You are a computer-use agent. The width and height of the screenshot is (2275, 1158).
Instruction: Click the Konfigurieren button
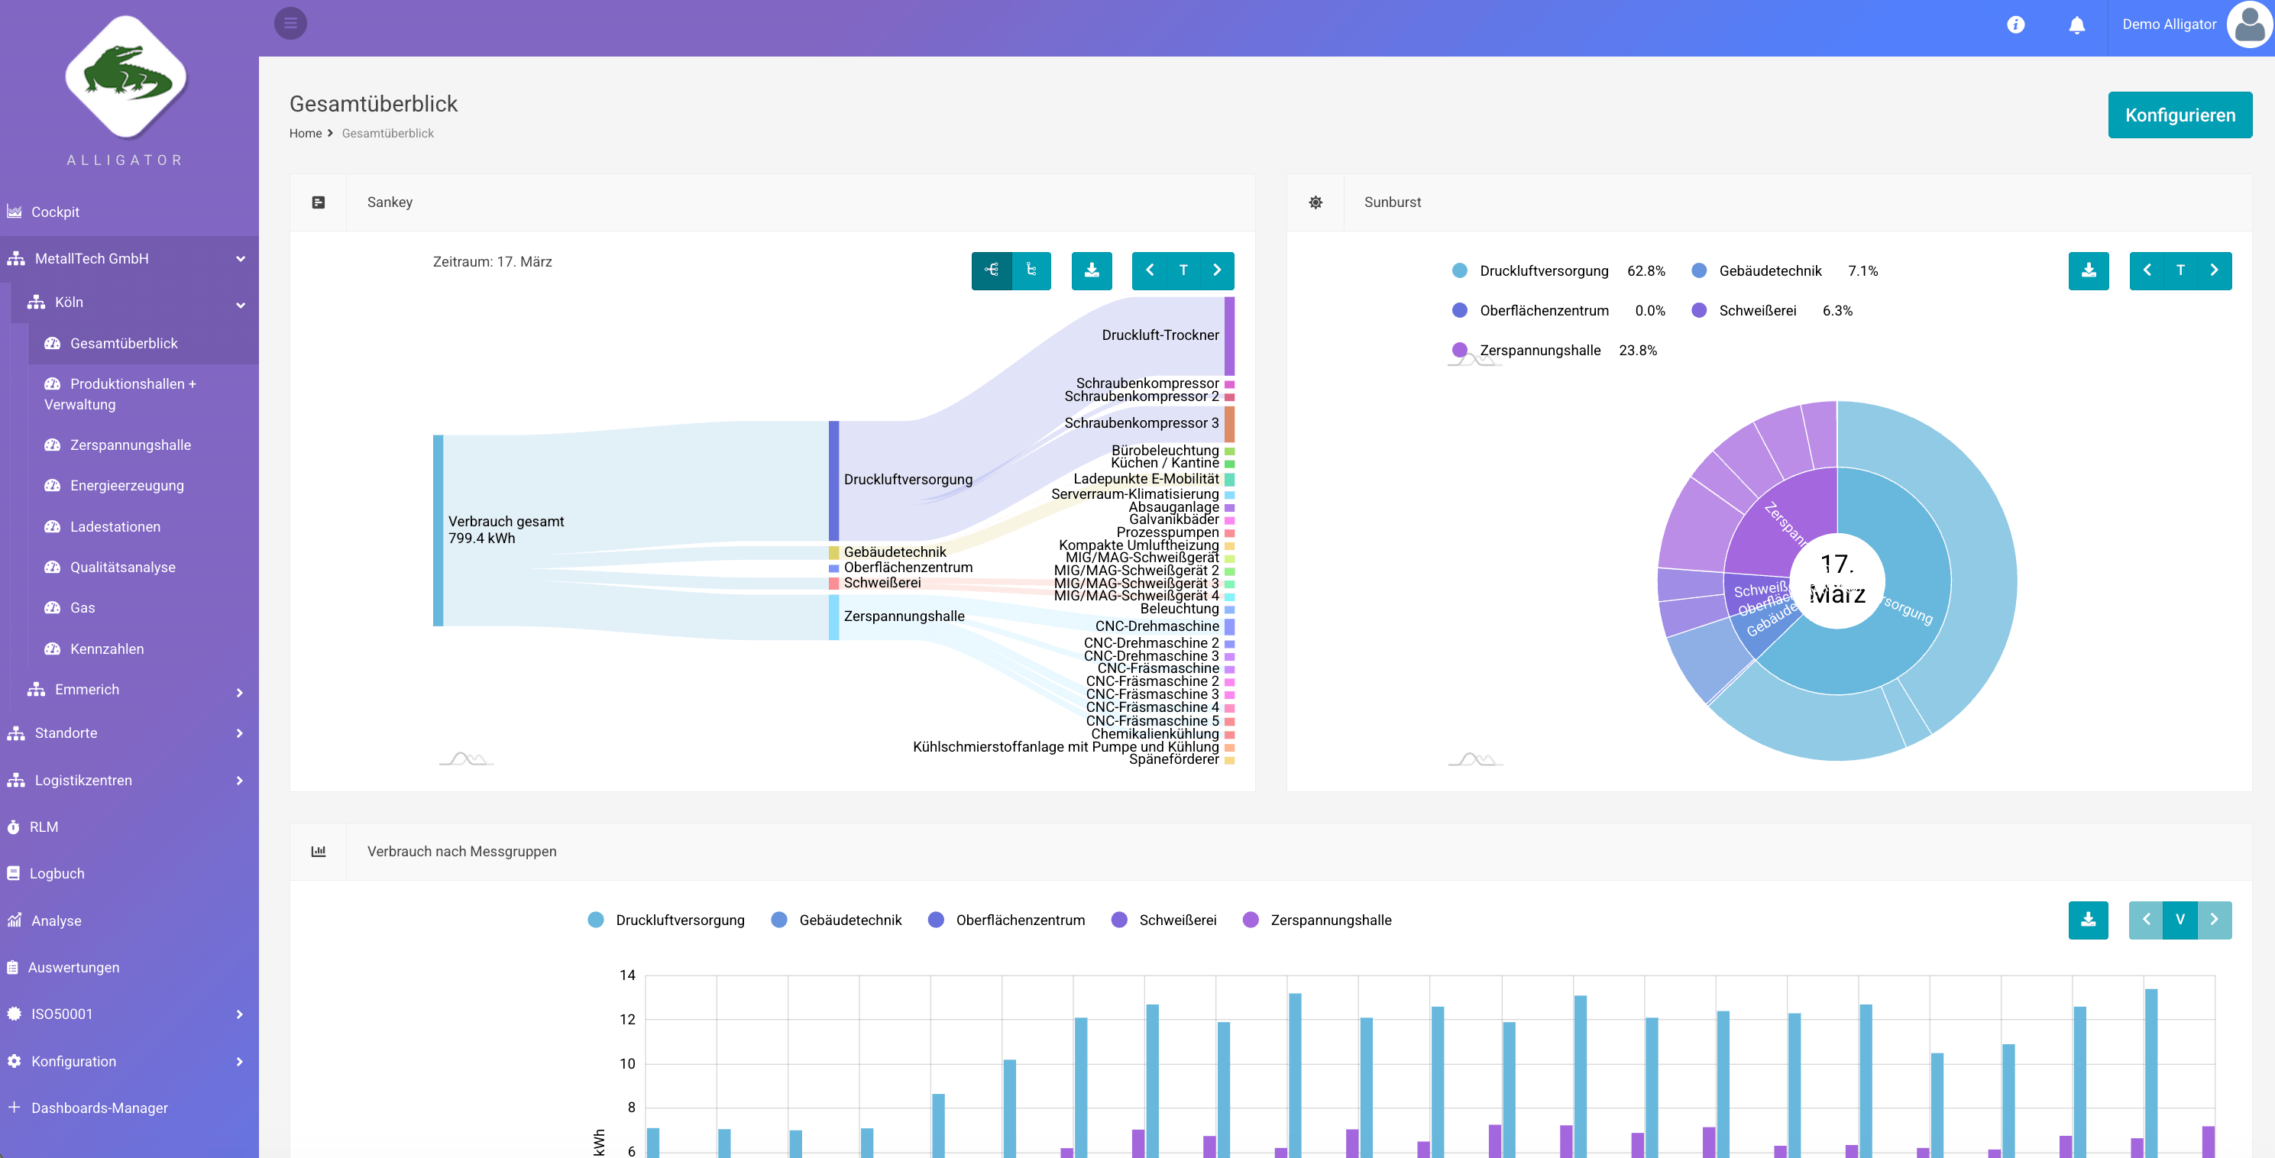(2179, 115)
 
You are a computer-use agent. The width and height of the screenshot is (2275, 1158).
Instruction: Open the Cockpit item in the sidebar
(55, 212)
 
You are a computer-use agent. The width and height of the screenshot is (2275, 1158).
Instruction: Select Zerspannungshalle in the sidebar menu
(130, 445)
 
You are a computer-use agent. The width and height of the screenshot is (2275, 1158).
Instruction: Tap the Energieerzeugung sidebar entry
(126, 486)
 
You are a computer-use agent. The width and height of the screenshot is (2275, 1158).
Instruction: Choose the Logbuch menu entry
(57, 874)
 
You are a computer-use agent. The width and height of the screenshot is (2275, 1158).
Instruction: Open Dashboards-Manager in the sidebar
(99, 1108)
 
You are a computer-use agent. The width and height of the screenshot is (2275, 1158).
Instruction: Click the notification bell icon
(2076, 24)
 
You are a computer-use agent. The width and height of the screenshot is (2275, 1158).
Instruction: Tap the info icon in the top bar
(2015, 24)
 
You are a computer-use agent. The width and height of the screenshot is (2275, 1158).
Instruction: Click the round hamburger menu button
(290, 23)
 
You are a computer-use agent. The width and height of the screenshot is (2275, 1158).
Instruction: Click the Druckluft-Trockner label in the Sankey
(1160, 335)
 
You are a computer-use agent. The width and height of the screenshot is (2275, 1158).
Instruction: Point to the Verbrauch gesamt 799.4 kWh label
(505, 530)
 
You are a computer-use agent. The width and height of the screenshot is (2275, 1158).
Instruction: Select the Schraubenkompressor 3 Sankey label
(1141, 423)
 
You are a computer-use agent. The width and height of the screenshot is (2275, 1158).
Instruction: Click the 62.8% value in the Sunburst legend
(1646, 271)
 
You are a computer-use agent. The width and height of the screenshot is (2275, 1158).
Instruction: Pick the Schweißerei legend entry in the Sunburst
(1756, 311)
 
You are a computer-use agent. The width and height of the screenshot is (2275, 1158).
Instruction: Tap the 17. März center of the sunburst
(1837, 580)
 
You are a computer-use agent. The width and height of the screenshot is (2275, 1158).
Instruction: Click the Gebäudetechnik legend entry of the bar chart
(849, 920)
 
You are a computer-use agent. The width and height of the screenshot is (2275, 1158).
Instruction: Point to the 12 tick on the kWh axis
(627, 1019)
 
